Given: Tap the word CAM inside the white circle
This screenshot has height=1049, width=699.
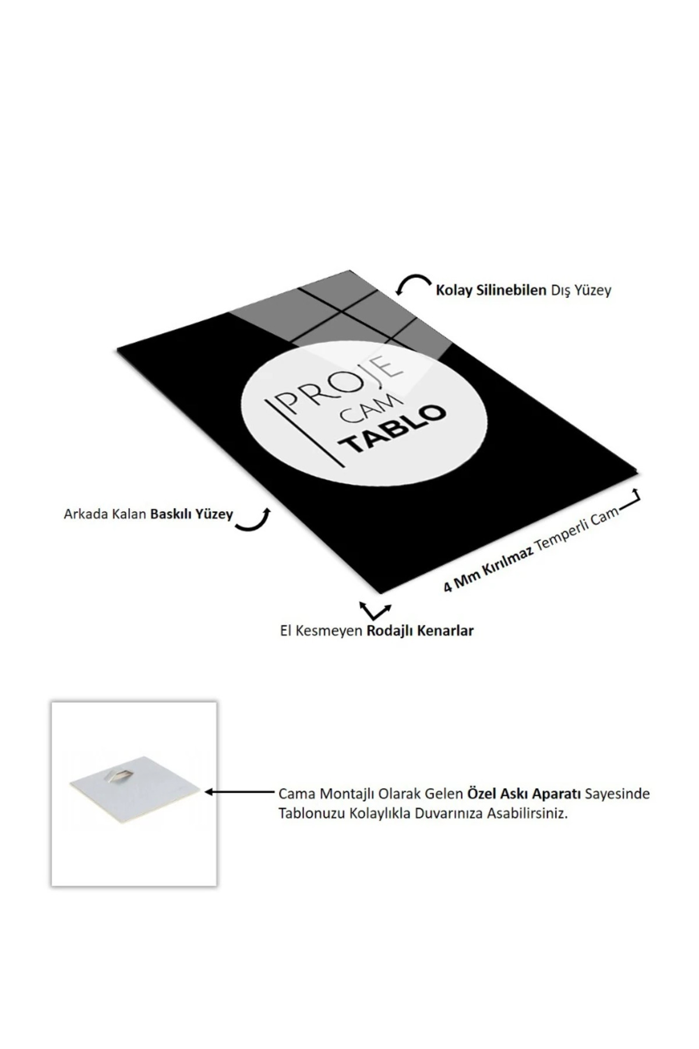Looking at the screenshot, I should coord(373,411).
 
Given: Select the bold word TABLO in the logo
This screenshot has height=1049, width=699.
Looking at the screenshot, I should coord(396,429).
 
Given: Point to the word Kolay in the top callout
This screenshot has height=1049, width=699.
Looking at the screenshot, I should coord(454,290).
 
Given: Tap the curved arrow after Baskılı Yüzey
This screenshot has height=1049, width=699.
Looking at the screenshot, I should coord(254,520).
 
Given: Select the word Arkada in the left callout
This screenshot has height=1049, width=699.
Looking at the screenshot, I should coord(82,515).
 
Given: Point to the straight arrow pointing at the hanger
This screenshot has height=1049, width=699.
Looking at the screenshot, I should coord(239,792).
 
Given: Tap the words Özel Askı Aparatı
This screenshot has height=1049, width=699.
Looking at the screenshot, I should coord(524,794).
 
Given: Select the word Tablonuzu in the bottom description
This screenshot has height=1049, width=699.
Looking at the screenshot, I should coord(312,814).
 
